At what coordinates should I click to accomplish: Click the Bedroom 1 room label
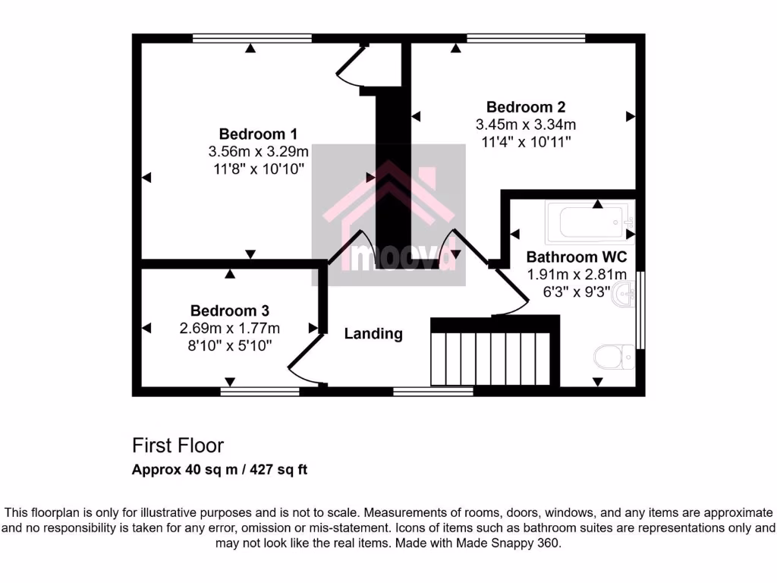click(x=258, y=133)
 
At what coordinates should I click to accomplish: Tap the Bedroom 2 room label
click(x=526, y=107)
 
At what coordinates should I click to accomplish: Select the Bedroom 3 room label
click(x=230, y=310)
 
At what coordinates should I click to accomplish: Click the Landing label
click(x=373, y=333)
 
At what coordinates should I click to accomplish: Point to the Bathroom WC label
click(x=577, y=257)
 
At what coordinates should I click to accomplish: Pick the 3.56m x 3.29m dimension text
click(x=259, y=151)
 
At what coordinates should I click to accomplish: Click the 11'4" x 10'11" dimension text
click(x=526, y=141)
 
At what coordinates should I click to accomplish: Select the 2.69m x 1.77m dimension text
click(x=230, y=328)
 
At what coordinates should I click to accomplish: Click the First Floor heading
click(x=178, y=445)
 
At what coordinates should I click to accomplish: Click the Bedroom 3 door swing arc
click(x=304, y=361)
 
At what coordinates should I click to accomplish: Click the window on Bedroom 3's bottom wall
click(x=260, y=392)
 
